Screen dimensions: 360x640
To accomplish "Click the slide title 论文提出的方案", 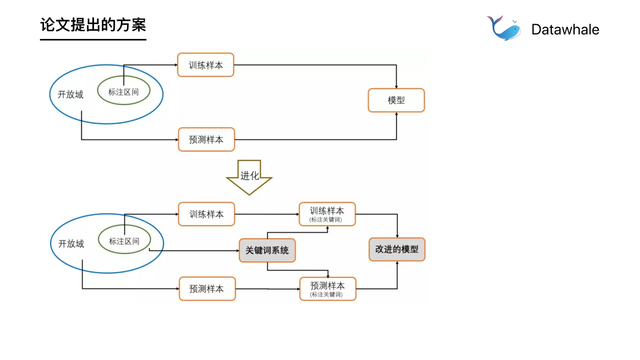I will [x=93, y=25].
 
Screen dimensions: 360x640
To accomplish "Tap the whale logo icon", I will [x=504, y=28].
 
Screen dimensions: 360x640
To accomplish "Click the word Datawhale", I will [x=565, y=30].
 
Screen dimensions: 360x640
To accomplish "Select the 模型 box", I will [x=396, y=100].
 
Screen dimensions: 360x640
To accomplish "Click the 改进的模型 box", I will [x=397, y=250].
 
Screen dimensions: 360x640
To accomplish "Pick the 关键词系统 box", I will [x=267, y=251].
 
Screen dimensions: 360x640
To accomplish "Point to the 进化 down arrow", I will [x=249, y=177].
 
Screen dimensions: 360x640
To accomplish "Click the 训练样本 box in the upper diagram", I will [x=206, y=65].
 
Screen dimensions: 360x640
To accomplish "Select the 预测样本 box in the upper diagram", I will [x=206, y=140].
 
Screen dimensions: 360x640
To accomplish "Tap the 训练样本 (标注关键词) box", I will [x=328, y=214].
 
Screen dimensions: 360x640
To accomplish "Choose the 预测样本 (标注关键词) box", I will [x=328, y=288].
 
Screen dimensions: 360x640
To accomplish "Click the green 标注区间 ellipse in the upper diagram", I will [x=124, y=91].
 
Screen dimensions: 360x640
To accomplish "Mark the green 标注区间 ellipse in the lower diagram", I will [x=124, y=240].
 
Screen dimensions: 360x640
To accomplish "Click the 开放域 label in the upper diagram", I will [x=71, y=95].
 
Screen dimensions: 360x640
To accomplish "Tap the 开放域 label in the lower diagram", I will [x=71, y=244].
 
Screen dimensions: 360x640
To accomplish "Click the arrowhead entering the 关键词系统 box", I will [x=237, y=251].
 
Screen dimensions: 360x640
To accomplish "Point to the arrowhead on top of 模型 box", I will [x=396, y=86].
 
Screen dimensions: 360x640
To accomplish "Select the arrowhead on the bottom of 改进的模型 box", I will [x=397, y=263].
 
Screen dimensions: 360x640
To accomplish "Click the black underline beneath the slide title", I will [x=93, y=39].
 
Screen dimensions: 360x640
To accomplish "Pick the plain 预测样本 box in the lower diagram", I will [x=207, y=289].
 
